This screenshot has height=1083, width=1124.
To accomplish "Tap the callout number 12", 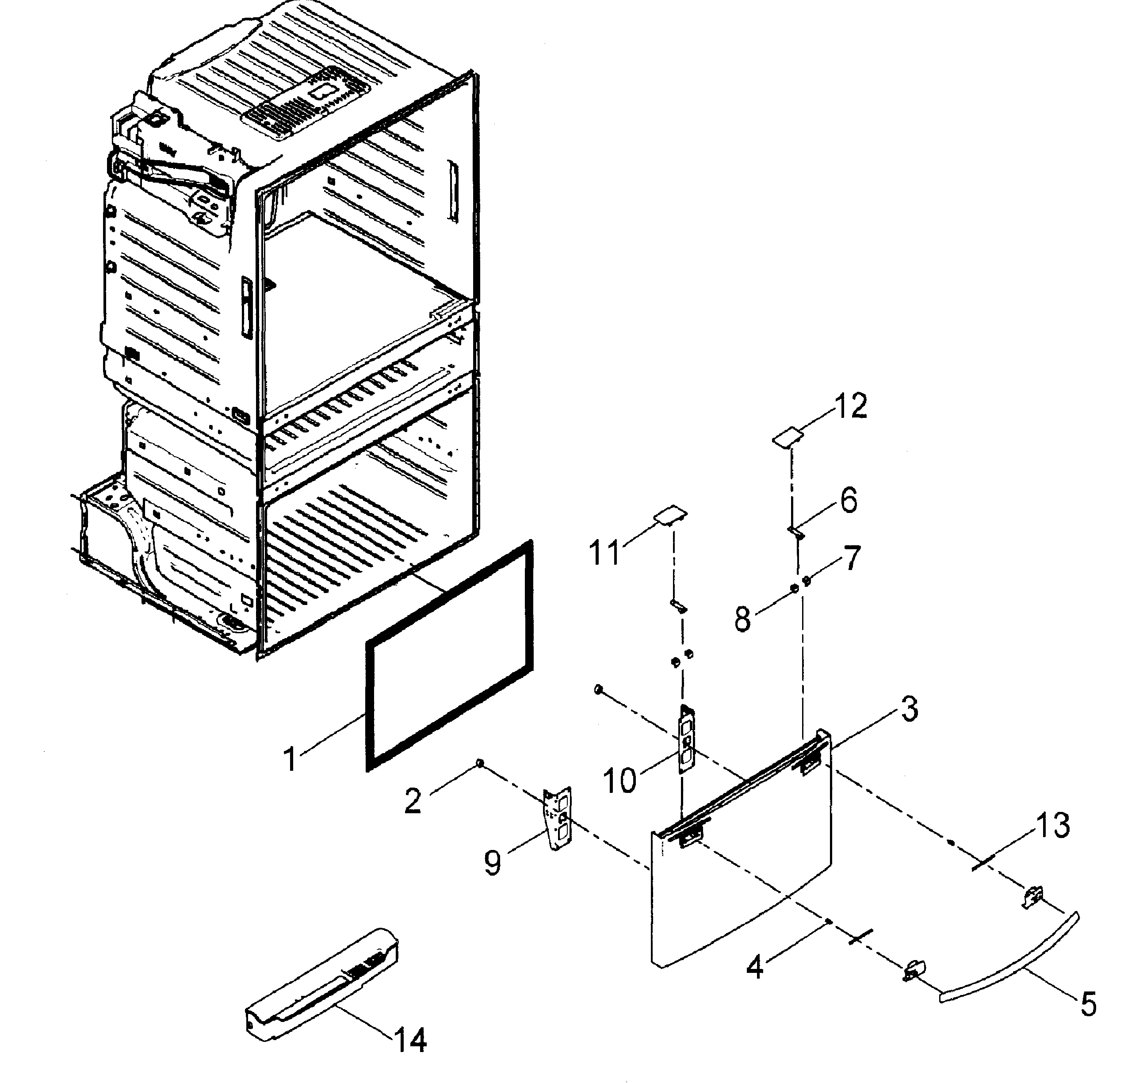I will click(x=850, y=407).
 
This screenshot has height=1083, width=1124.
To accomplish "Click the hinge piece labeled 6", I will click(x=796, y=532).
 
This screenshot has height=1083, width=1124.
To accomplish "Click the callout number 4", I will click(x=755, y=967).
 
